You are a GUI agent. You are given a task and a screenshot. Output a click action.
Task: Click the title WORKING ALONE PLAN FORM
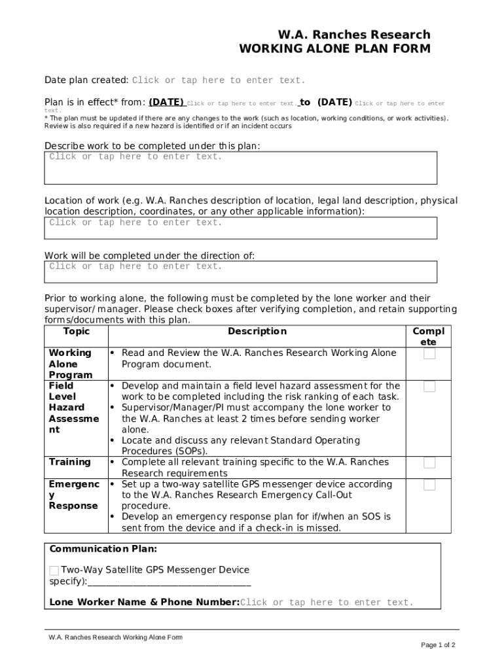(x=334, y=49)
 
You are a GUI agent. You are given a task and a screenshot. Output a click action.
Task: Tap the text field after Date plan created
(x=219, y=80)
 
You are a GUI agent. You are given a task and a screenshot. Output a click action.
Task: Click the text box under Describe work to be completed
(x=240, y=168)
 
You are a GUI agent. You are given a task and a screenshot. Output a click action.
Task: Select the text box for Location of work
(x=240, y=228)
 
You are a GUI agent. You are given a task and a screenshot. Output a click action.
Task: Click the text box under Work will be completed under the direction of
(x=240, y=271)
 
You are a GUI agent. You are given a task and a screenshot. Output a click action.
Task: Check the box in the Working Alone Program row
(x=429, y=354)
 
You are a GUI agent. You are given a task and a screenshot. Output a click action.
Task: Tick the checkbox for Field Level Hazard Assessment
(x=429, y=387)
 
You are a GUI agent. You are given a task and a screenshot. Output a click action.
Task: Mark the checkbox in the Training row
(x=429, y=463)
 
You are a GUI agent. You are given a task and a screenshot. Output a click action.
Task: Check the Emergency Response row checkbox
(x=429, y=485)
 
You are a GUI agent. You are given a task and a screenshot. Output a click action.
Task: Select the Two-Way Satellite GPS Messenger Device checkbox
(x=54, y=571)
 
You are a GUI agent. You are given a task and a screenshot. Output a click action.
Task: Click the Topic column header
(x=75, y=332)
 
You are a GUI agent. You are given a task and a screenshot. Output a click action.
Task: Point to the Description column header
(x=257, y=332)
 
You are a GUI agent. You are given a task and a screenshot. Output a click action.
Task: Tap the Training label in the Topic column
(x=70, y=463)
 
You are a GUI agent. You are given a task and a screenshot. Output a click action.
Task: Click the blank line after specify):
(x=170, y=582)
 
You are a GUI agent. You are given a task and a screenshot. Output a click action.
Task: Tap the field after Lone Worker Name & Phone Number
(x=327, y=603)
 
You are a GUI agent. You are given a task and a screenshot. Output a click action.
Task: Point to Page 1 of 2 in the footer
(x=438, y=645)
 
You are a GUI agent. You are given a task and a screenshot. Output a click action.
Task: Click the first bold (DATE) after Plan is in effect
(x=166, y=102)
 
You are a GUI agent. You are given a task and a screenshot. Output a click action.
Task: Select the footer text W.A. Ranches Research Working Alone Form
(x=115, y=637)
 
